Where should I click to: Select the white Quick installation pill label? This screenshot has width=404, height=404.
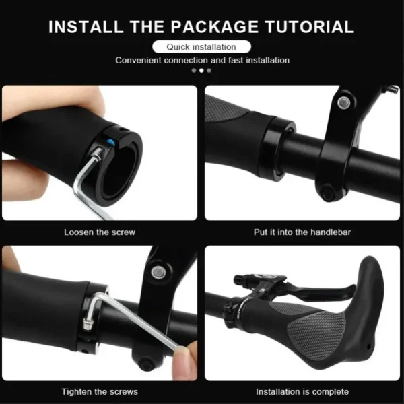[x=202, y=47]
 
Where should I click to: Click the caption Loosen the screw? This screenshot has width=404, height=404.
[x=100, y=232]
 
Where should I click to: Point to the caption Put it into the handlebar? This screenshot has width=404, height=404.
[x=303, y=232]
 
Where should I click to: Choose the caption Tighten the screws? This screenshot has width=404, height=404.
[x=100, y=391]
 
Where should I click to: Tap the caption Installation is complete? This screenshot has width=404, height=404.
[x=302, y=391]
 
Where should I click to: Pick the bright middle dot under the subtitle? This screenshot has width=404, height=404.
[x=201, y=70]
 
